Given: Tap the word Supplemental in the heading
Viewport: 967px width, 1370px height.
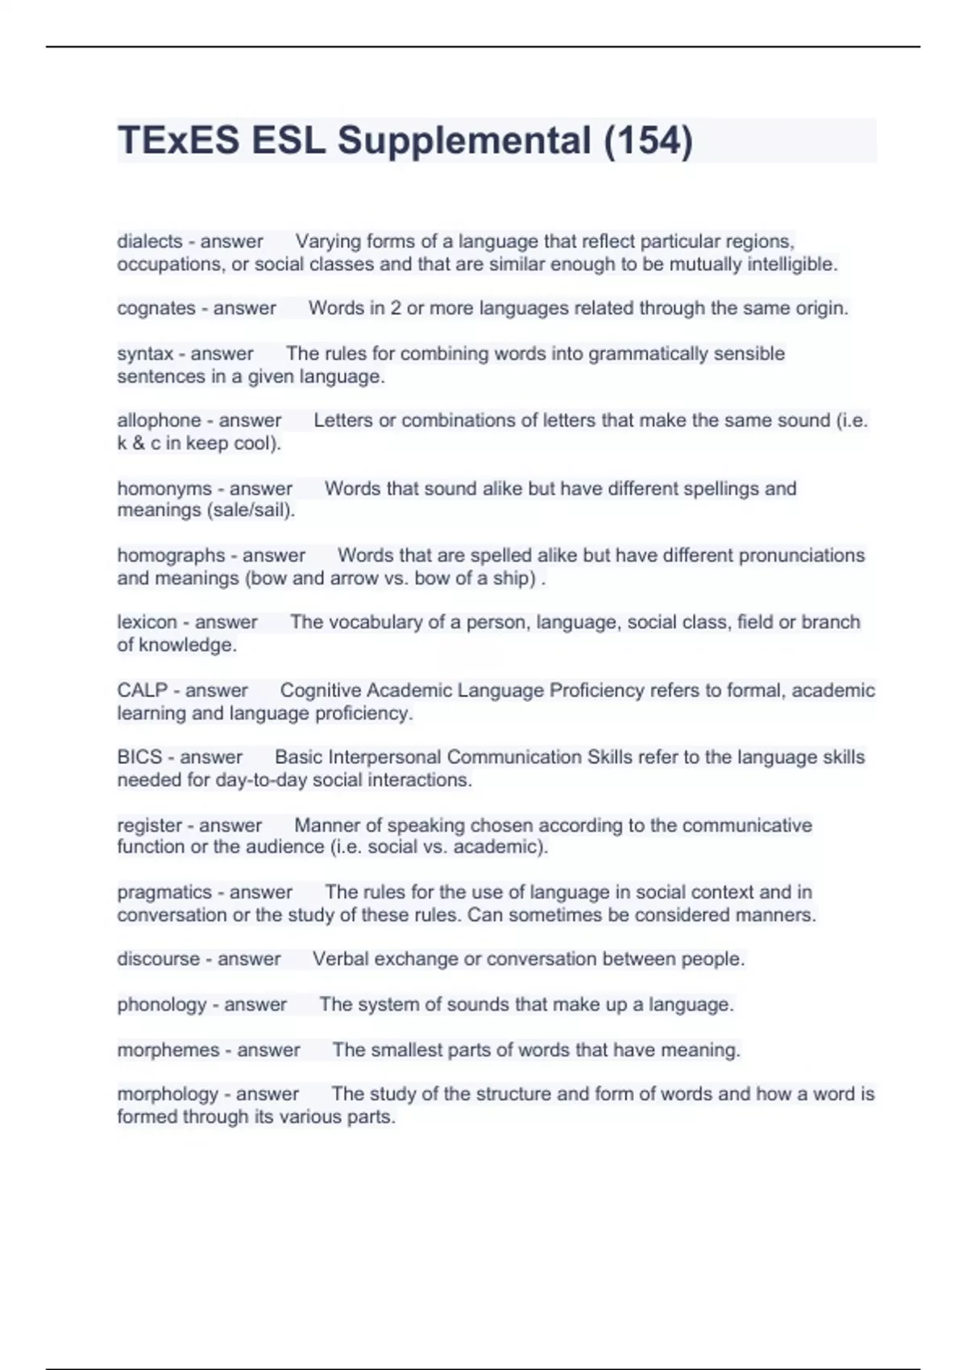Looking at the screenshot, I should tap(464, 141).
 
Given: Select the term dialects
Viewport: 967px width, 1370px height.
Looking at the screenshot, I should tap(150, 241).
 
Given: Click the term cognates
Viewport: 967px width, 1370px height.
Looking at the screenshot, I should tap(156, 308).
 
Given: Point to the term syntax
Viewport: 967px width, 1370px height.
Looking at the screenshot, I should tap(145, 354).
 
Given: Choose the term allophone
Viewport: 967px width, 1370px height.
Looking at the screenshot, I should tap(159, 421).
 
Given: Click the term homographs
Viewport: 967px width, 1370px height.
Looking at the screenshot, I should tap(171, 555).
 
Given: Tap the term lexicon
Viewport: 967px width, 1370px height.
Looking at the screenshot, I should tap(147, 622).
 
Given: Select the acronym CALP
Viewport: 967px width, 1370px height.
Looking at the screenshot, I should tap(141, 691).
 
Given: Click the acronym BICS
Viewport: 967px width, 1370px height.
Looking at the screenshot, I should tap(139, 758).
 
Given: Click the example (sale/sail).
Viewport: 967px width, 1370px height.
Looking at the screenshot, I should tap(251, 510).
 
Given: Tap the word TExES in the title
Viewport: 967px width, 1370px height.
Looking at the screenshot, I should tap(178, 141).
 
